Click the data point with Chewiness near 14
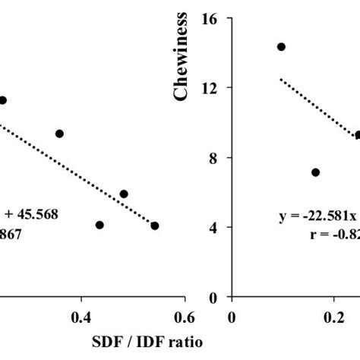tap(281, 46)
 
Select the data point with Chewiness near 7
tap(316, 172)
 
